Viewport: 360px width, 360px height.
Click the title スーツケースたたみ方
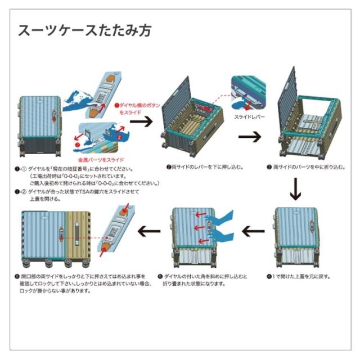tap(84, 30)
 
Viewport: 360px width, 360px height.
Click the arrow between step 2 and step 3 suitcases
tap(250, 137)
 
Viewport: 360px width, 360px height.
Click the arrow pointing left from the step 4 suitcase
tap(252, 230)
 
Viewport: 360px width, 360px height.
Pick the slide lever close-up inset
tap(248, 93)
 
